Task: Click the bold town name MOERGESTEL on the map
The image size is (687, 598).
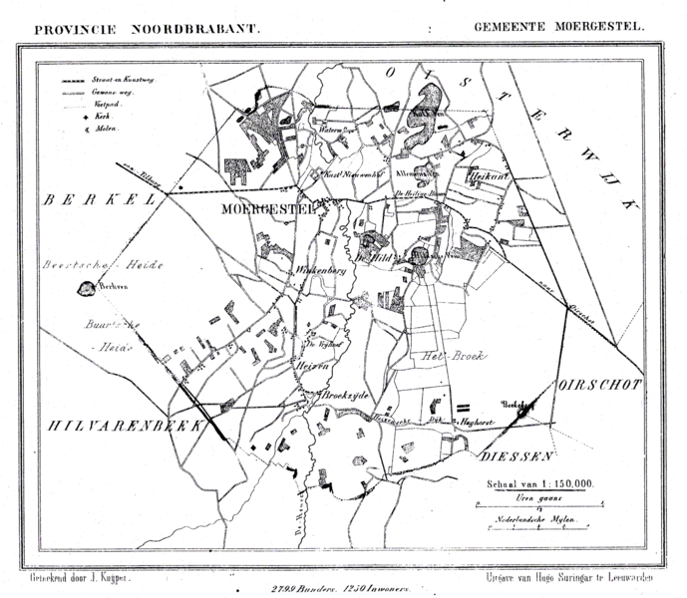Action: point(265,209)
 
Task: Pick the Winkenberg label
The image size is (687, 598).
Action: point(318,270)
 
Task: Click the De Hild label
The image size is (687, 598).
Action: point(373,257)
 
